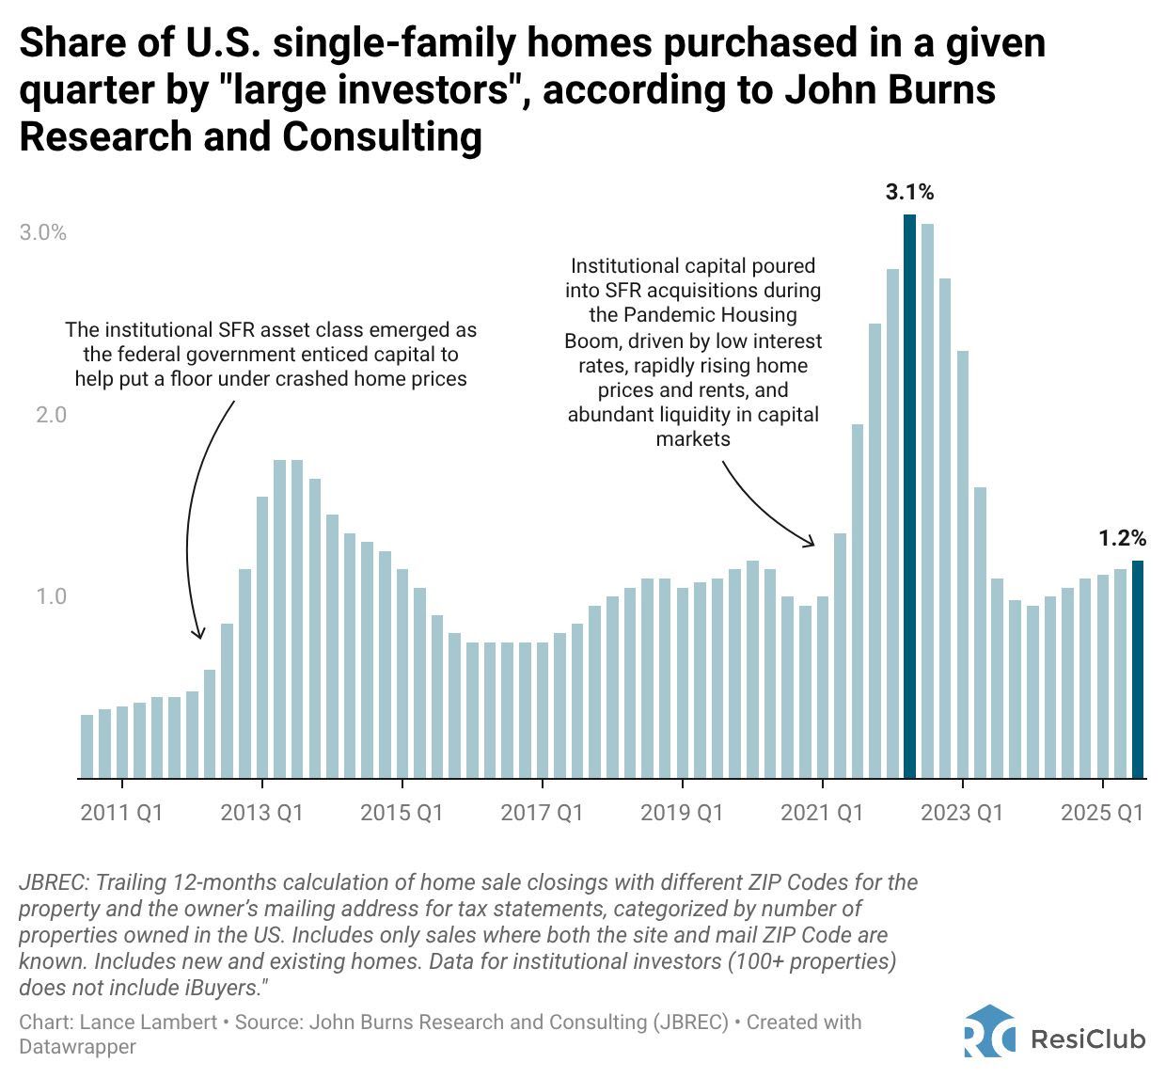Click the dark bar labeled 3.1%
point(909,496)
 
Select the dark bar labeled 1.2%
point(1138,669)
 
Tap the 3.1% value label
point(909,193)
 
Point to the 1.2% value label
point(1122,539)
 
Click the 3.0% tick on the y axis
point(43,232)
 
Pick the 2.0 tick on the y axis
point(51,415)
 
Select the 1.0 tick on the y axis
point(51,596)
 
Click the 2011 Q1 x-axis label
point(121,812)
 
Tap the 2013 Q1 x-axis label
point(261,812)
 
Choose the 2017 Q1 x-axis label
point(542,812)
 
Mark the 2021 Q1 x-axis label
point(822,812)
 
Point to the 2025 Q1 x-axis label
point(1102,812)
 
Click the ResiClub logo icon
point(989,1032)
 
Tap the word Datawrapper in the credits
point(77,1046)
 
